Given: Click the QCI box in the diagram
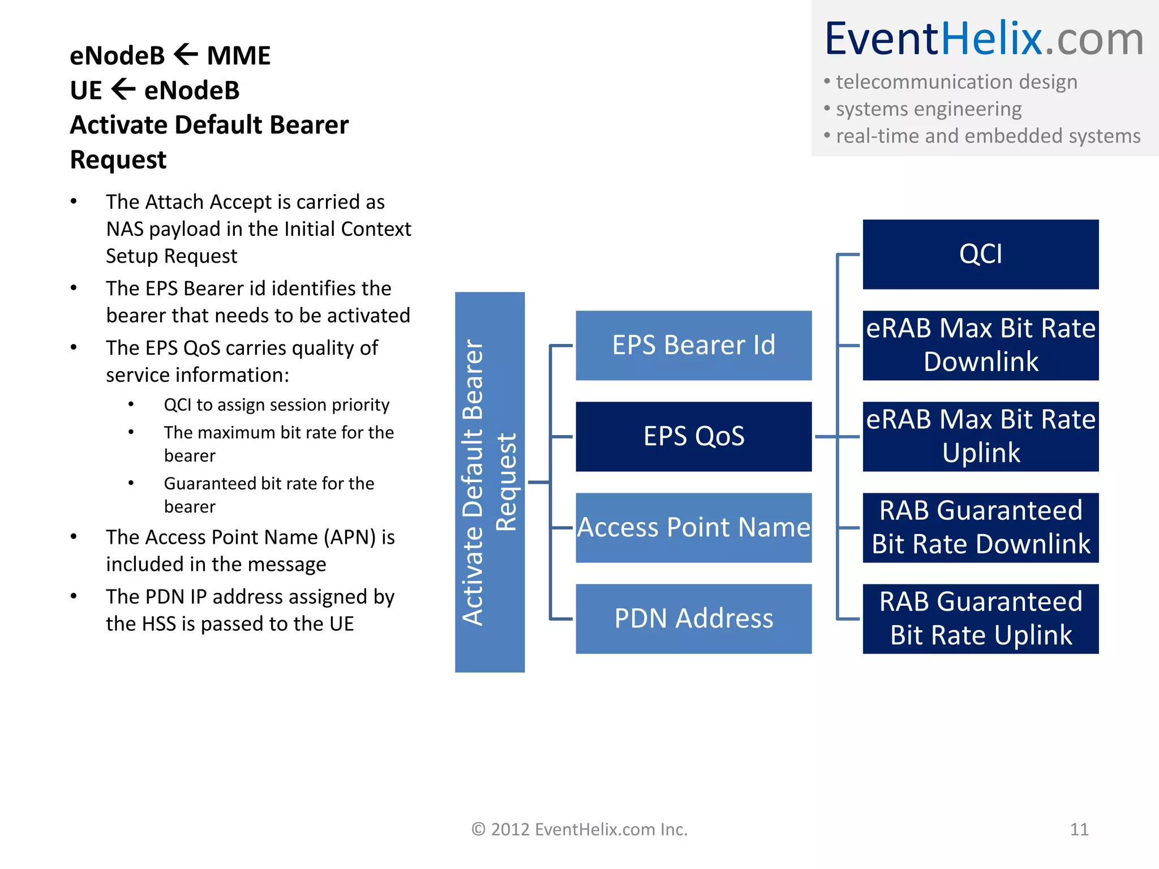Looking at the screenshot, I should click(980, 255).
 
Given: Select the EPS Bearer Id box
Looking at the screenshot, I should click(693, 345).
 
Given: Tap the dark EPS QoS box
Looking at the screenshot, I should click(693, 436).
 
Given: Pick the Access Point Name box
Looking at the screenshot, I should click(693, 527).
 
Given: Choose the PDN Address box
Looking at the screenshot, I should click(693, 618).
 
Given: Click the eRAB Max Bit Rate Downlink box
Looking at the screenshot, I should click(980, 345).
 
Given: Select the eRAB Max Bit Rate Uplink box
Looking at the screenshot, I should click(980, 436).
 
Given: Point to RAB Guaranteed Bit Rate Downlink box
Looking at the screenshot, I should click(980, 527).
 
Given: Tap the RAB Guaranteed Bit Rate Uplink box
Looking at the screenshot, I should click(980, 618).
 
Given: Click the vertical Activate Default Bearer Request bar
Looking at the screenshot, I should click(490, 482).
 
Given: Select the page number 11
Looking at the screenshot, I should click(1079, 829).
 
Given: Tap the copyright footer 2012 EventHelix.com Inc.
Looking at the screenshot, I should click(579, 829).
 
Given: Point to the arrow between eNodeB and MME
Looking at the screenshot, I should click(186, 55).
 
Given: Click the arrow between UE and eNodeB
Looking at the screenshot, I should click(123, 89).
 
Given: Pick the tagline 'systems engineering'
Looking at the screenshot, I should click(928, 109).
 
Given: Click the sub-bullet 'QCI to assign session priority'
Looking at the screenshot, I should click(276, 405).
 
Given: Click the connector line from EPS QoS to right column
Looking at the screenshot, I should click(826, 436).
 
